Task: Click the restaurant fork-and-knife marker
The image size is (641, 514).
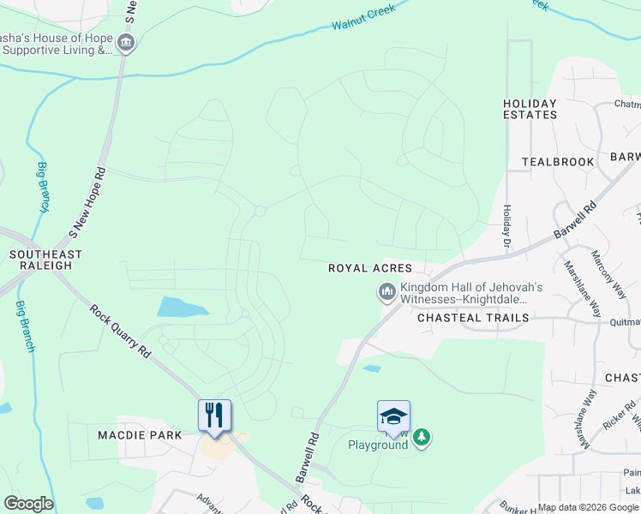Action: click(x=214, y=415)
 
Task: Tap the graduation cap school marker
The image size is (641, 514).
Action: click(x=393, y=416)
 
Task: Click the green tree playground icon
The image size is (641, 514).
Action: click(x=421, y=438)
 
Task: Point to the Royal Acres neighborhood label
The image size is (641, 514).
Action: click(x=370, y=268)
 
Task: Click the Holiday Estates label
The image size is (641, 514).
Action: click(x=530, y=109)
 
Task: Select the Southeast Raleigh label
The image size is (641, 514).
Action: click(x=45, y=260)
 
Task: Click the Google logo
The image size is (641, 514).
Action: click(x=28, y=504)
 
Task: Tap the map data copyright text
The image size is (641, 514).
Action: click(x=587, y=507)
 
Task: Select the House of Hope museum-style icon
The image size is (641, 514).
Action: click(x=126, y=44)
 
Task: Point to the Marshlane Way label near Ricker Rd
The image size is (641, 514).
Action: click(x=587, y=419)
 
